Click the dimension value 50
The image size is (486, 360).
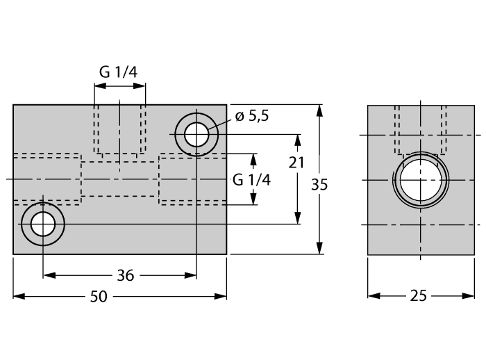(99, 296)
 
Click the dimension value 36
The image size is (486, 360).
(125, 275)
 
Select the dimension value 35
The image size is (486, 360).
(319, 185)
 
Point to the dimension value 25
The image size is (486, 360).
(418, 296)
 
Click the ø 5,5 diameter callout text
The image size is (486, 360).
(252, 117)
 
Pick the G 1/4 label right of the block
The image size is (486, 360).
(251, 179)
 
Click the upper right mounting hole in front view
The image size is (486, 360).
(196, 132)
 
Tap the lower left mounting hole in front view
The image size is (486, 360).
(43, 224)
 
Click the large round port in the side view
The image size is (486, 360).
(420, 179)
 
